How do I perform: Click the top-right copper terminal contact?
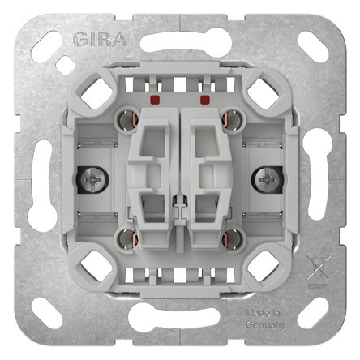[x=233, y=119]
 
